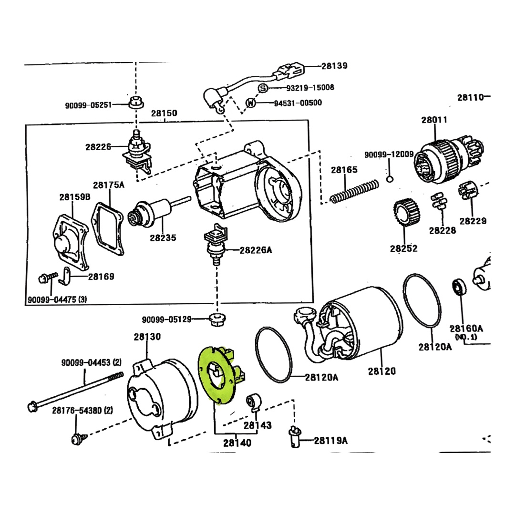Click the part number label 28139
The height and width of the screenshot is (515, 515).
click(x=334, y=66)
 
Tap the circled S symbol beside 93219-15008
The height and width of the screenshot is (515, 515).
click(x=263, y=88)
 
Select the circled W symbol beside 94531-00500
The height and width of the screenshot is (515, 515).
click(x=251, y=103)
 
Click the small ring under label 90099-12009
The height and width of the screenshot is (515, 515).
click(x=390, y=179)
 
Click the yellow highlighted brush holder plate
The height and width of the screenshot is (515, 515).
click(x=217, y=374)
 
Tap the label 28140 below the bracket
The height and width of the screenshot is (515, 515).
click(x=237, y=443)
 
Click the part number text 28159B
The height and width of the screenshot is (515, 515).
click(x=75, y=197)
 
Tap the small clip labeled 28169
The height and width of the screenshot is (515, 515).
click(x=65, y=276)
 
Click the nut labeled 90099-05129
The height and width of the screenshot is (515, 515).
click(x=217, y=319)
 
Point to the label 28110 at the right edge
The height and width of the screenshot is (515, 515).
click(x=471, y=98)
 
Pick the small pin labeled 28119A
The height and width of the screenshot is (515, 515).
click(x=295, y=436)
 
